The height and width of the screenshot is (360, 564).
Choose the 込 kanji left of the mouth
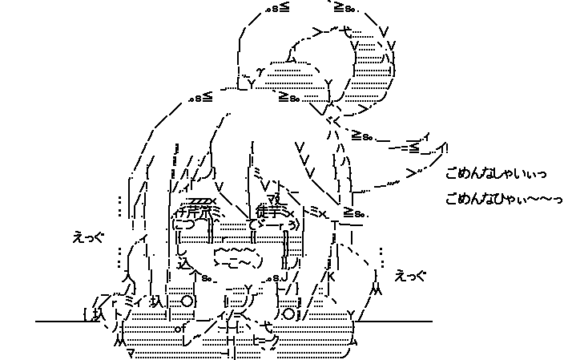[183, 261]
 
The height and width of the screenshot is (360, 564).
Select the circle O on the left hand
[187, 301]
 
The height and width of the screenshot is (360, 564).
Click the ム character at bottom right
[352, 341]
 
